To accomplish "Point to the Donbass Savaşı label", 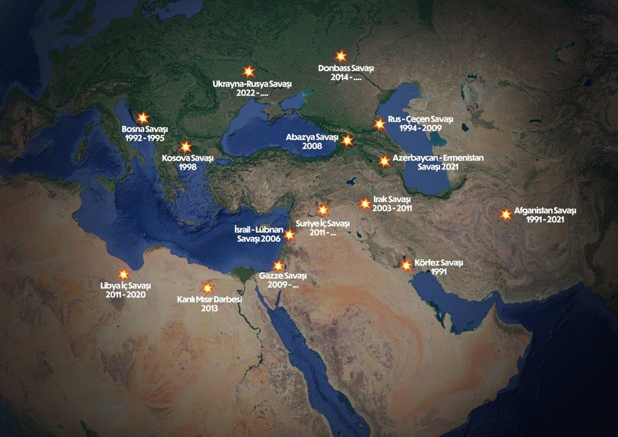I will click(x=345, y=68).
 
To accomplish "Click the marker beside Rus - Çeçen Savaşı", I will click(x=379, y=124).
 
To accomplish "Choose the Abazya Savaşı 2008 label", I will click(x=313, y=142).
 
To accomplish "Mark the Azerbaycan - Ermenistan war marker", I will click(x=384, y=161).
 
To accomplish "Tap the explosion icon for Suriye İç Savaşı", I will click(x=323, y=210).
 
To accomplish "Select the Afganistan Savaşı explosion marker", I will click(x=506, y=215).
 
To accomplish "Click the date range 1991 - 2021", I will click(x=545, y=220).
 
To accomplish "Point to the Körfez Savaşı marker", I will click(x=406, y=266).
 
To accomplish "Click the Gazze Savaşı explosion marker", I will click(x=279, y=266).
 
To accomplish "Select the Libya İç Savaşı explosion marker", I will click(x=124, y=275).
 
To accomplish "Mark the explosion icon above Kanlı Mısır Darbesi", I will click(x=207, y=287).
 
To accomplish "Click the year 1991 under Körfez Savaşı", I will click(x=438, y=272).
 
